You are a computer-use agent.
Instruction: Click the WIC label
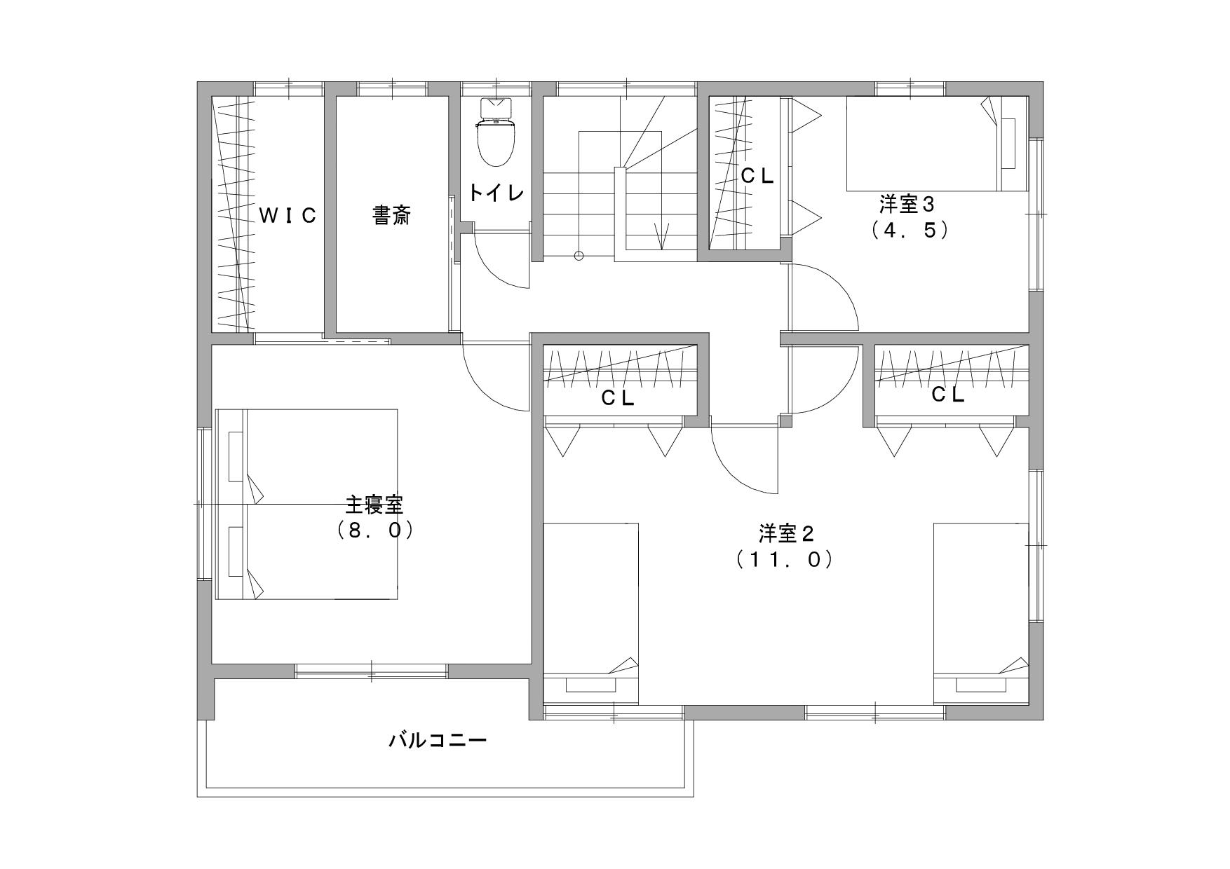[288, 216]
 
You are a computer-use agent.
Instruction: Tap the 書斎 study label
[391, 216]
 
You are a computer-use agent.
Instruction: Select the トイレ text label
[496, 192]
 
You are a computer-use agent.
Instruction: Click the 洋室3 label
[908, 205]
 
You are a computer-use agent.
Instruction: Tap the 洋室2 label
[785, 534]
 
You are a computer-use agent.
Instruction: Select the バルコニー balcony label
[438, 740]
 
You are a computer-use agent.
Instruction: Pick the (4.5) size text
[910, 231]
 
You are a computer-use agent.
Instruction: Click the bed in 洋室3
[937, 143]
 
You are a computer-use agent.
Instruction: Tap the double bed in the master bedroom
[306, 505]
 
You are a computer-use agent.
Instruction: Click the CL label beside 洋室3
[757, 177]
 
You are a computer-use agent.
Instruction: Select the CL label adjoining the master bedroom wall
[618, 398]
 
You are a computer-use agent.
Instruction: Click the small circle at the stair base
[579, 256]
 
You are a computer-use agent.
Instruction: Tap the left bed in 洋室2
[590, 613]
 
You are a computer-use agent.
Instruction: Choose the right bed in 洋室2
[981, 613]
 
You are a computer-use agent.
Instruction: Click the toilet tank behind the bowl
[497, 109]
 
